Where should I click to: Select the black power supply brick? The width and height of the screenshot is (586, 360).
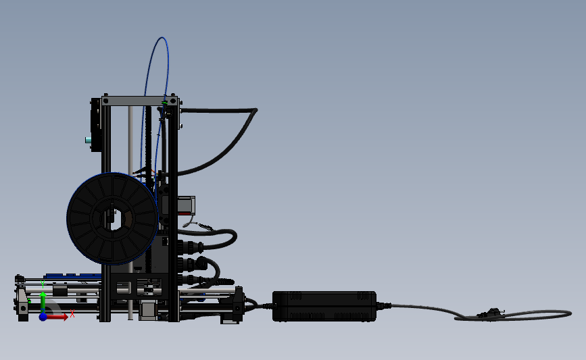pyautogui.click(x=324, y=306)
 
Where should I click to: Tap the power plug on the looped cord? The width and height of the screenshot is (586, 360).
pyautogui.click(x=489, y=313)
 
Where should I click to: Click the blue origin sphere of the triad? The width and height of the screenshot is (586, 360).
pyautogui.click(x=43, y=316)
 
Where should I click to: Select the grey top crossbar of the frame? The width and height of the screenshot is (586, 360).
pyautogui.click(x=139, y=101)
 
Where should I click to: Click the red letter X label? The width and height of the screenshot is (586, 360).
pyautogui.click(x=72, y=313)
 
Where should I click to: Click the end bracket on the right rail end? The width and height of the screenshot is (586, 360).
pyautogui.click(x=238, y=305)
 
